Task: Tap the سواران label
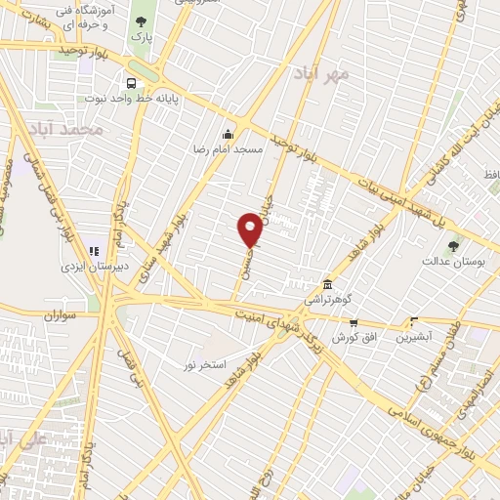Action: [x=58, y=316]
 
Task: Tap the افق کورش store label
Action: [x=354, y=337]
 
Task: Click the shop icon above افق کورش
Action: [x=354, y=322]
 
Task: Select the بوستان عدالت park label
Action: [x=448, y=261]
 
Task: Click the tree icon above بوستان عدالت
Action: [x=452, y=245]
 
